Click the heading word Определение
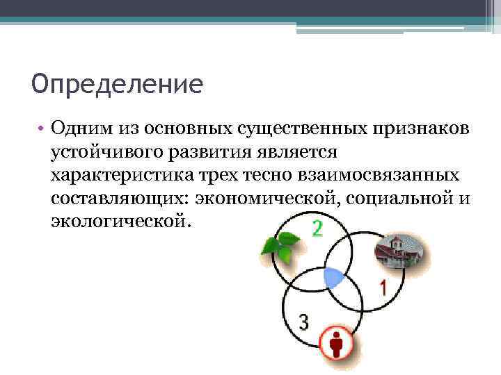(117, 85)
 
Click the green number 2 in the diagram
(317, 228)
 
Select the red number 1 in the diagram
(383, 287)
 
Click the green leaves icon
(279, 246)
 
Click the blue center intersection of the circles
(335, 278)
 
